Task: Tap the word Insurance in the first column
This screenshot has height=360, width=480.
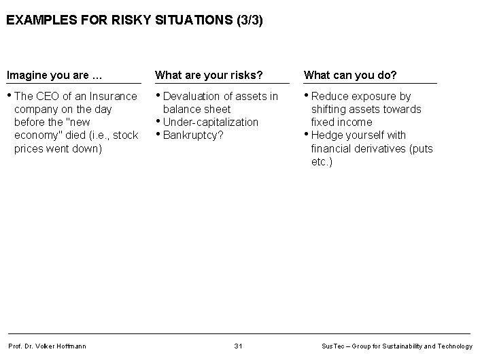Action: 114,96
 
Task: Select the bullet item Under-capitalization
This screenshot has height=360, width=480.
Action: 211,122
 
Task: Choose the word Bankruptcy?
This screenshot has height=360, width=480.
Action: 194,135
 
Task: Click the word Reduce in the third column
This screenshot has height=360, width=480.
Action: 330,96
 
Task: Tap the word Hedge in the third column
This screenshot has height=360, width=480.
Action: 327,135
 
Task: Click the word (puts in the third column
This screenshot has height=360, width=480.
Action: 421,148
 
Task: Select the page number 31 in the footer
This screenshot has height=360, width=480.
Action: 238,346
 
